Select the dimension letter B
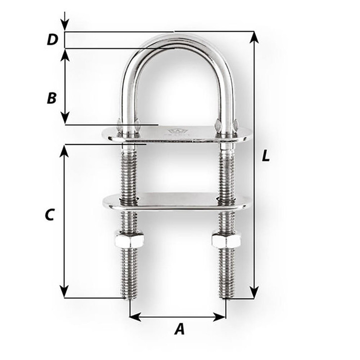[x=51, y=98]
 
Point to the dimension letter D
[x=52, y=40]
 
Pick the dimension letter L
[x=266, y=157]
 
